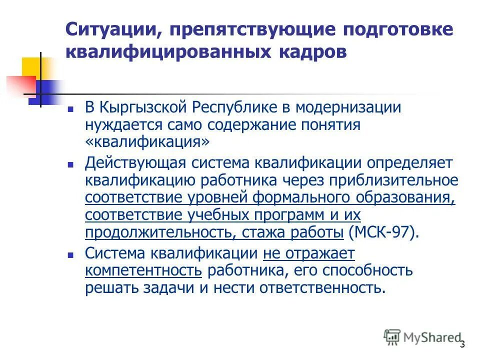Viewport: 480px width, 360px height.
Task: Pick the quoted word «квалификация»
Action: tap(147, 142)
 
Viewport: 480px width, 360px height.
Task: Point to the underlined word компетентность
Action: tap(143, 270)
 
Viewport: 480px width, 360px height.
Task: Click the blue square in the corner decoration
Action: tap(41, 92)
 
